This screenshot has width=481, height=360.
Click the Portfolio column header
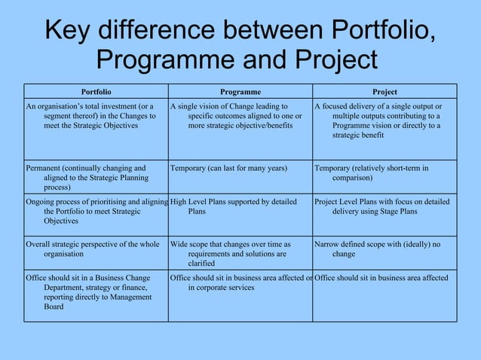[96, 92]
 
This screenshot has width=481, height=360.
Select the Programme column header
[240, 92]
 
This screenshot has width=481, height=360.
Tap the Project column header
[384, 92]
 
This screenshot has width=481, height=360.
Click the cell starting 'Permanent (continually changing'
[96, 177]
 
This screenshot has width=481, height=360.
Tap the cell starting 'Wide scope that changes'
[240, 254]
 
